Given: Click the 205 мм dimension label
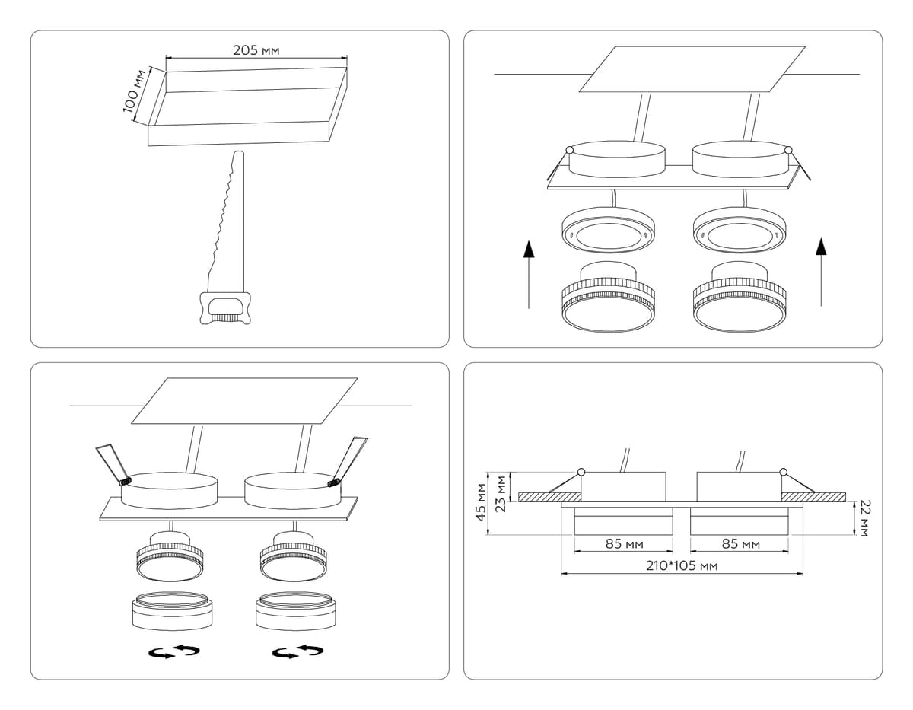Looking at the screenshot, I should click(x=256, y=50).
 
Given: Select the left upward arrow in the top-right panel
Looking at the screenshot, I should click(x=529, y=273).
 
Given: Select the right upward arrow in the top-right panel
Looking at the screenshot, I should click(x=821, y=271).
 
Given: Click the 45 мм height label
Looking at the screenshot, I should click(x=481, y=501).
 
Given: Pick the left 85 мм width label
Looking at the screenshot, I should click(x=624, y=544).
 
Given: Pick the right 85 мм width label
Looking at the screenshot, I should click(x=740, y=544).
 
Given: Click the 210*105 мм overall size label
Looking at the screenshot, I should click(x=682, y=566).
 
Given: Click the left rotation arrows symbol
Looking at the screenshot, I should click(x=173, y=652).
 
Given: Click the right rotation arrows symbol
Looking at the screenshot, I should click(x=297, y=651).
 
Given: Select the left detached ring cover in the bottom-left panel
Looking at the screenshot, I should click(x=172, y=610).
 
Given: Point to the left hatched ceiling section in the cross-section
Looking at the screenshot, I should click(x=550, y=497).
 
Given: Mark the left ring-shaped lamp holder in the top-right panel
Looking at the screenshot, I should click(x=609, y=233).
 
